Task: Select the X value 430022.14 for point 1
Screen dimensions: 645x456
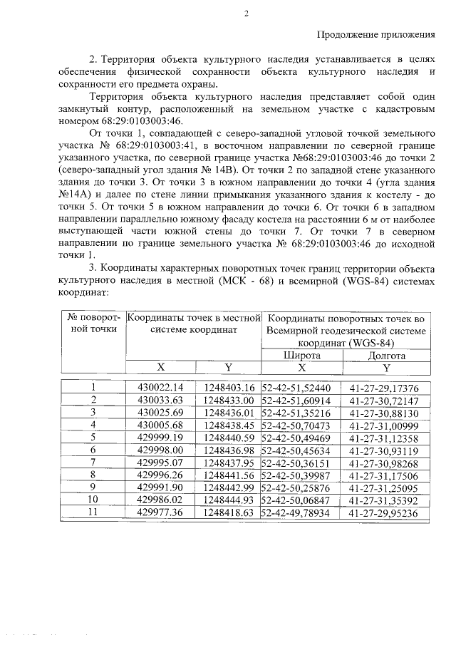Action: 160,388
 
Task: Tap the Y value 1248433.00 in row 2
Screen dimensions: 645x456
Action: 229,401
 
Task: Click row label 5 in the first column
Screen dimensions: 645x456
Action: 93,437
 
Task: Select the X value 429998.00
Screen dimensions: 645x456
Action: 160,450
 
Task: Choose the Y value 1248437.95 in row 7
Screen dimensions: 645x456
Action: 229,462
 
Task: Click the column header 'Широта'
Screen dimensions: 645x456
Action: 302,355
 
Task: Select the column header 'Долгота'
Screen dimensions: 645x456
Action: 387,355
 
